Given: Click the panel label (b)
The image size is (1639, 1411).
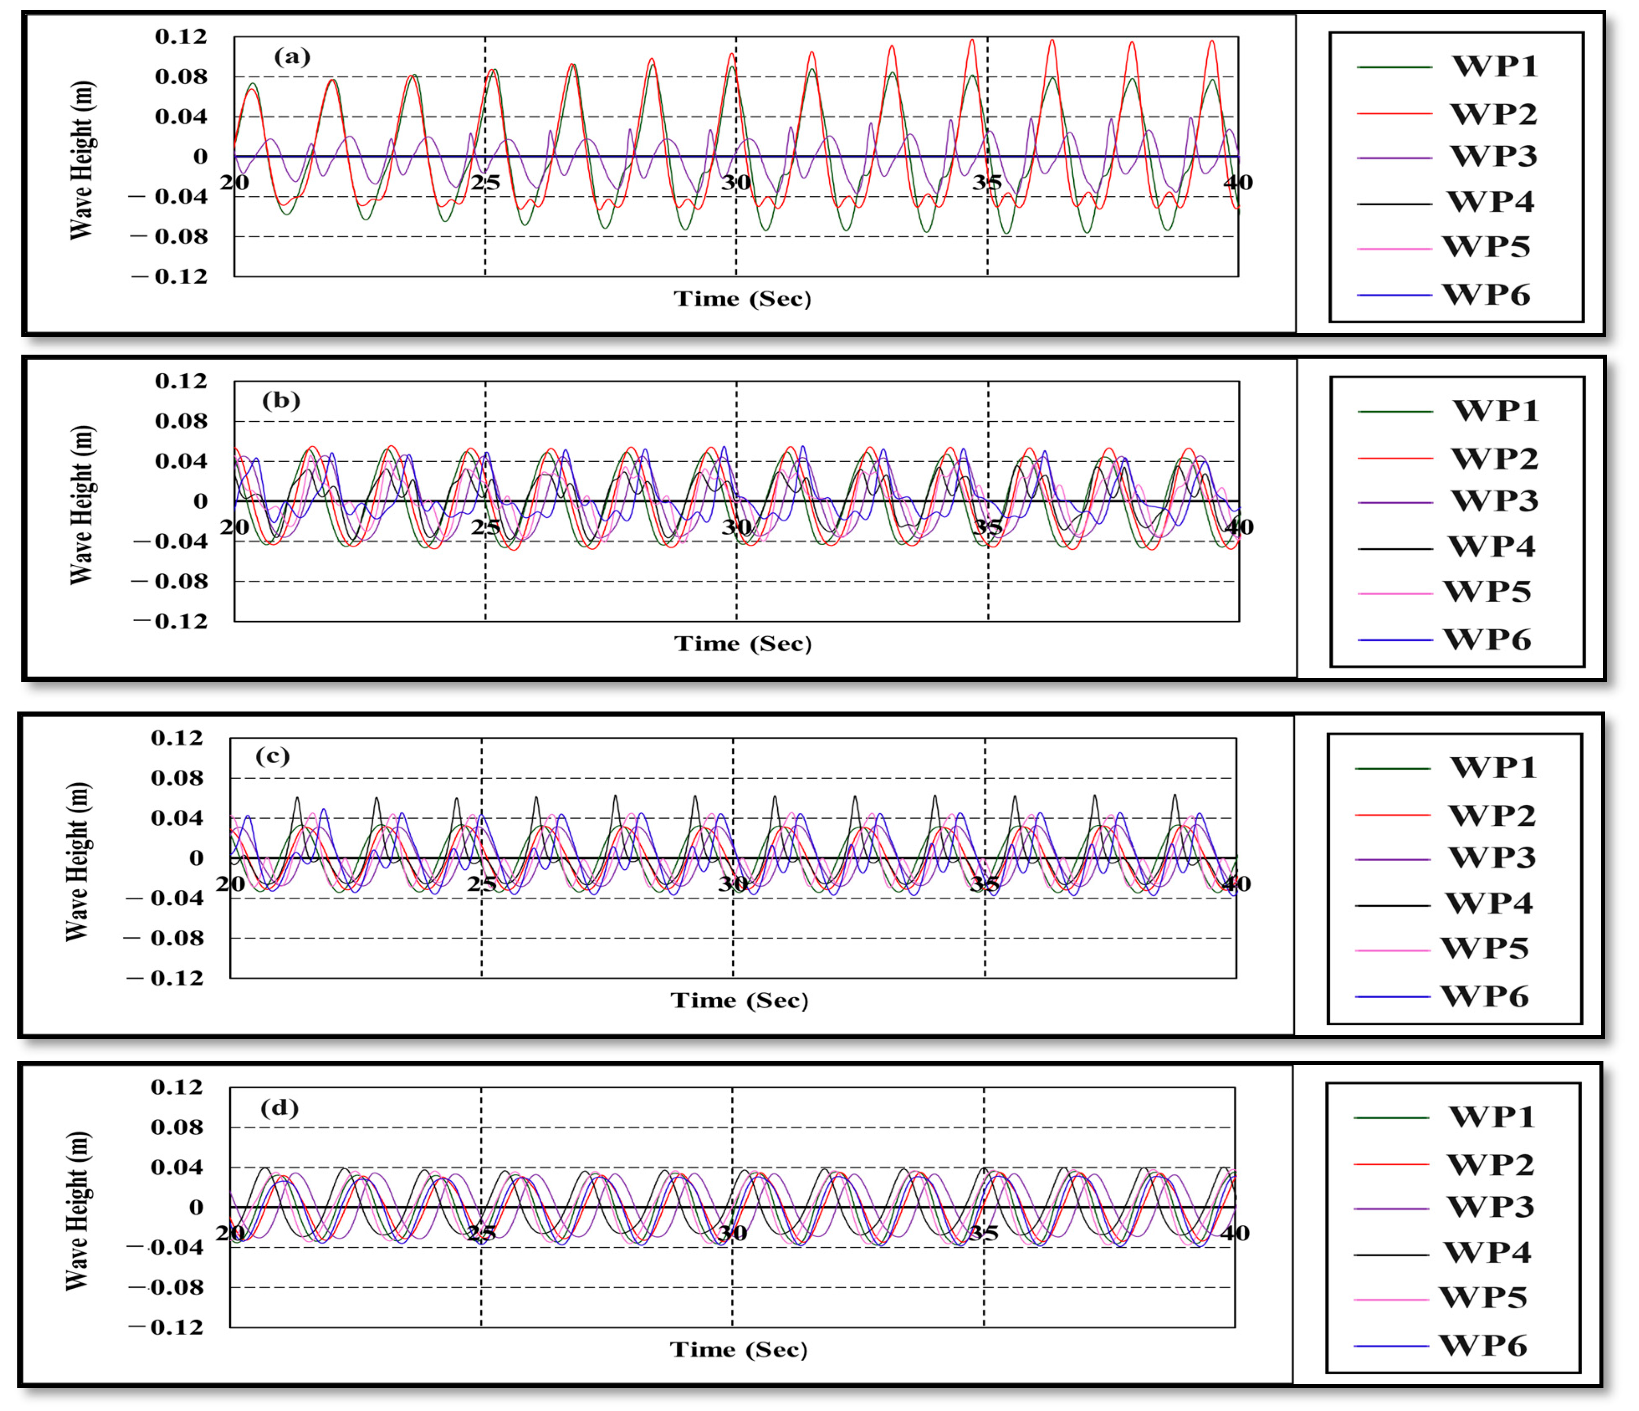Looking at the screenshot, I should (x=281, y=400).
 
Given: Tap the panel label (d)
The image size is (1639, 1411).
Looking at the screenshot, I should (x=279, y=1107).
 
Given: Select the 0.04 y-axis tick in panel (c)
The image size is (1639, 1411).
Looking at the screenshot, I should (x=177, y=818).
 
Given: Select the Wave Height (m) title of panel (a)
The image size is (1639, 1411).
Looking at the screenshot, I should (x=81, y=160).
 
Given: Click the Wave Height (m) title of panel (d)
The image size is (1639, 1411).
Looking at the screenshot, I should (x=77, y=1211).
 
